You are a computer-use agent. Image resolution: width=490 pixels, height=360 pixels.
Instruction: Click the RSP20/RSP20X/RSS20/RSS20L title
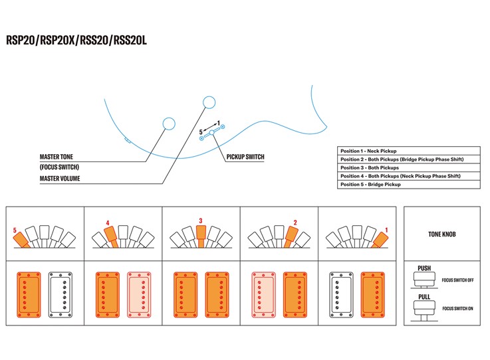coord(76,40)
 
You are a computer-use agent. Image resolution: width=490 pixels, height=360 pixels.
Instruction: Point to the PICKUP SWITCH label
coord(245,157)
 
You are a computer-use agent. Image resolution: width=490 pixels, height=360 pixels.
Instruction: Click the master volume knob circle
coord(209,102)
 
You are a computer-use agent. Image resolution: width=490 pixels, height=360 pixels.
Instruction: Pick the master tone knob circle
coord(169,124)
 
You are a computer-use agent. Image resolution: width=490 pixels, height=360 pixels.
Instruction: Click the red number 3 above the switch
coord(200,221)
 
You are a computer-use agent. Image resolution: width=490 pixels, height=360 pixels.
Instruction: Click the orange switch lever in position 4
coord(110,234)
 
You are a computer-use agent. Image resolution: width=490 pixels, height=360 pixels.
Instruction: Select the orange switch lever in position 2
coord(290,234)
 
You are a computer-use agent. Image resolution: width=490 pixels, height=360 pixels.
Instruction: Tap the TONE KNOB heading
coord(442,234)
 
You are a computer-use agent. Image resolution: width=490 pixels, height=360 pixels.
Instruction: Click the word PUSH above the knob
coord(424,269)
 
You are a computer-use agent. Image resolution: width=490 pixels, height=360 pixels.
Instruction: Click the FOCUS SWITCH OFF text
coord(457,280)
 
